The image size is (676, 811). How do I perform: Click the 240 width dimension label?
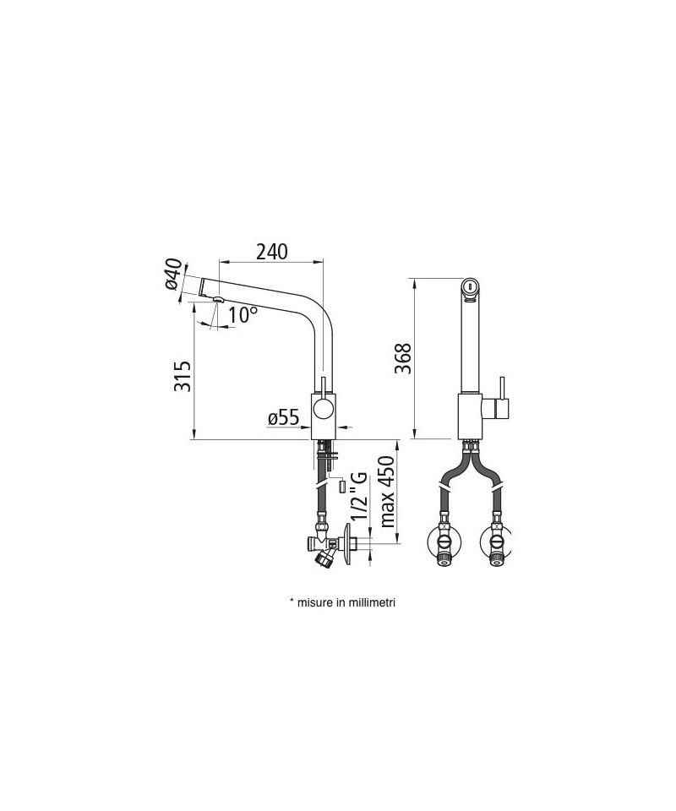tap(271, 252)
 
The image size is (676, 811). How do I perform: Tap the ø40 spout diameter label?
tap(174, 274)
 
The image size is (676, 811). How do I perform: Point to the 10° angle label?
tap(242, 314)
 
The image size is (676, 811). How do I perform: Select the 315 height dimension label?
tap(182, 376)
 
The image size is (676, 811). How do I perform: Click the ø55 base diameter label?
tap(283, 417)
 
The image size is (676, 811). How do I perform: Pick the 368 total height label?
tap(402, 358)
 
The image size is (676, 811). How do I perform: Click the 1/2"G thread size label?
tap(359, 497)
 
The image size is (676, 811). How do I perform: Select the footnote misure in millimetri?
tap(342, 602)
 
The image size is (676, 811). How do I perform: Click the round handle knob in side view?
tap(324, 411)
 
